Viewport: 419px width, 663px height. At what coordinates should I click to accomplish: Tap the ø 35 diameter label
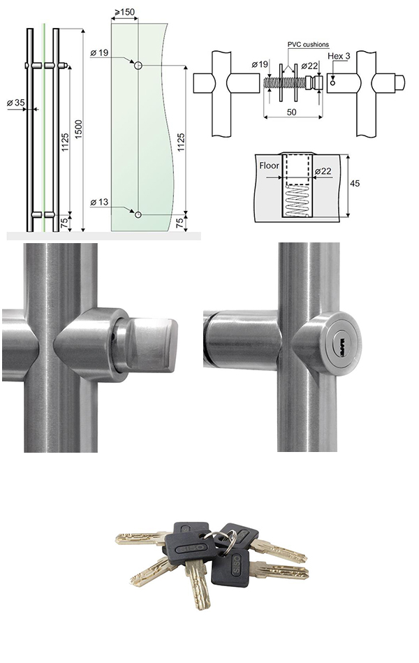(x=16, y=102)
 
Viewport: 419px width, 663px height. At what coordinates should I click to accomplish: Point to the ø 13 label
(x=99, y=202)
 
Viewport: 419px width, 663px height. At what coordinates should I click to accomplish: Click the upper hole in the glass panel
(x=138, y=66)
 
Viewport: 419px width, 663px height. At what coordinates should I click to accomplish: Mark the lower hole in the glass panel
(x=138, y=214)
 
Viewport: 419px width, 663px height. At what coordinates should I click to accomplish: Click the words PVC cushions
(x=308, y=45)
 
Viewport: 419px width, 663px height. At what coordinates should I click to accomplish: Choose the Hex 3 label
(x=339, y=56)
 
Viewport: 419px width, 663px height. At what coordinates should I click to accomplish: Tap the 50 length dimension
(x=291, y=112)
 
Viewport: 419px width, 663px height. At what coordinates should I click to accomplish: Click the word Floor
(x=270, y=166)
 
